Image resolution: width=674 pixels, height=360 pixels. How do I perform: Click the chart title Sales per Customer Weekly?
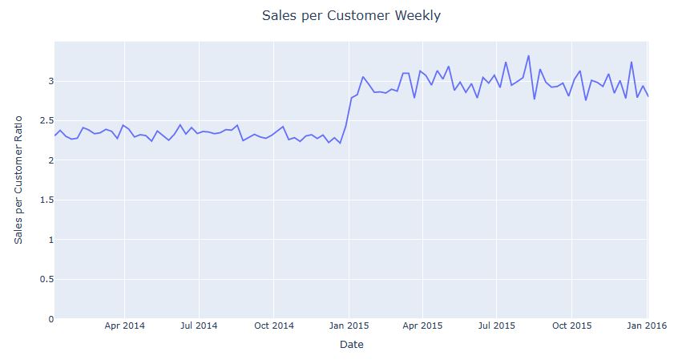(x=351, y=16)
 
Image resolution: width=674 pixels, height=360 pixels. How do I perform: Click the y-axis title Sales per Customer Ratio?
(x=18, y=180)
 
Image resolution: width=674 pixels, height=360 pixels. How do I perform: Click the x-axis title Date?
(x=351, y=345)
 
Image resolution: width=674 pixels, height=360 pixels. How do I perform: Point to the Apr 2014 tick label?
(x=124, y=326)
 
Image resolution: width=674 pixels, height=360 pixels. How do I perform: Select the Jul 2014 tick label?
(x=199, y=326)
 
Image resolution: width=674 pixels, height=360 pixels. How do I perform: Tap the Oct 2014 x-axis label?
(x=273, y=326)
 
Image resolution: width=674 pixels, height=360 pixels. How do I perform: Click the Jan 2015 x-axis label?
(x=348, y=326)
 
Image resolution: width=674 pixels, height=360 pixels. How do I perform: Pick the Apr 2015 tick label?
(x=422, y=326)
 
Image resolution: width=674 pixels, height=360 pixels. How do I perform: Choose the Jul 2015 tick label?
(x=496, y=326)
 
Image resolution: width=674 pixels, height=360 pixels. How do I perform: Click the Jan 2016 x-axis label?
(x=646, y=326)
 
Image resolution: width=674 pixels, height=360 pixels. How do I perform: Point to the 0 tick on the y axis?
(x=50, y=319)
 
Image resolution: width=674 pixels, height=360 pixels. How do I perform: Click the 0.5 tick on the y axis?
(x=44, y=279)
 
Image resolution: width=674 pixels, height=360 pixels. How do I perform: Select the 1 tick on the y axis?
(x=50, y=240)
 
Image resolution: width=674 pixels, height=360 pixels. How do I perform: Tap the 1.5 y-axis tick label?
(x=44, y=200)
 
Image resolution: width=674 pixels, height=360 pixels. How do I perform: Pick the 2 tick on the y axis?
(x=50, y=160)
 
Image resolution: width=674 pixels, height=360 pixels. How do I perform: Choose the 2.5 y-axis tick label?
(x=44, y=121)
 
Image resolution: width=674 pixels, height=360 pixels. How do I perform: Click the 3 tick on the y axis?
(x=50, y=81)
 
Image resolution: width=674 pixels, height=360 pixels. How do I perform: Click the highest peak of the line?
(x=528, y=55)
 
